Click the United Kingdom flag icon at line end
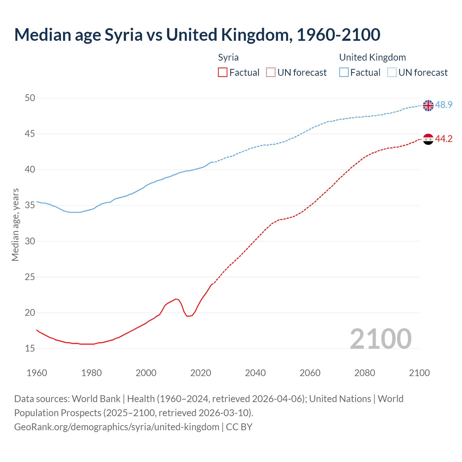click(428, 105)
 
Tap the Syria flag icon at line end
click(428, 139)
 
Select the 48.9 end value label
click(444, 105)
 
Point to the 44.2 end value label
click(444, 139)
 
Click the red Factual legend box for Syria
click(223, 73)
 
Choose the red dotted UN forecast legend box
click(271, 73)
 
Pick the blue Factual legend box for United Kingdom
click(344, 73)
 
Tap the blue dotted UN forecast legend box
click(392, 73)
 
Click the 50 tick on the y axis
click(30, 98)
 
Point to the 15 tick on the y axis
click(30, 348)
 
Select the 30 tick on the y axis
click(30, 241)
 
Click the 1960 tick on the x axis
click(37, 373)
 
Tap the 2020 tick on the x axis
click(201, 373)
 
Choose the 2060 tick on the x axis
click(310, 373)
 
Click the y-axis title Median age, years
click(15, 225)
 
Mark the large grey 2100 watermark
click(380, 339)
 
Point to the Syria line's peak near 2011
click(176, 299)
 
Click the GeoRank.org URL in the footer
click(117, 427)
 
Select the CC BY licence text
click(239, 427)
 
